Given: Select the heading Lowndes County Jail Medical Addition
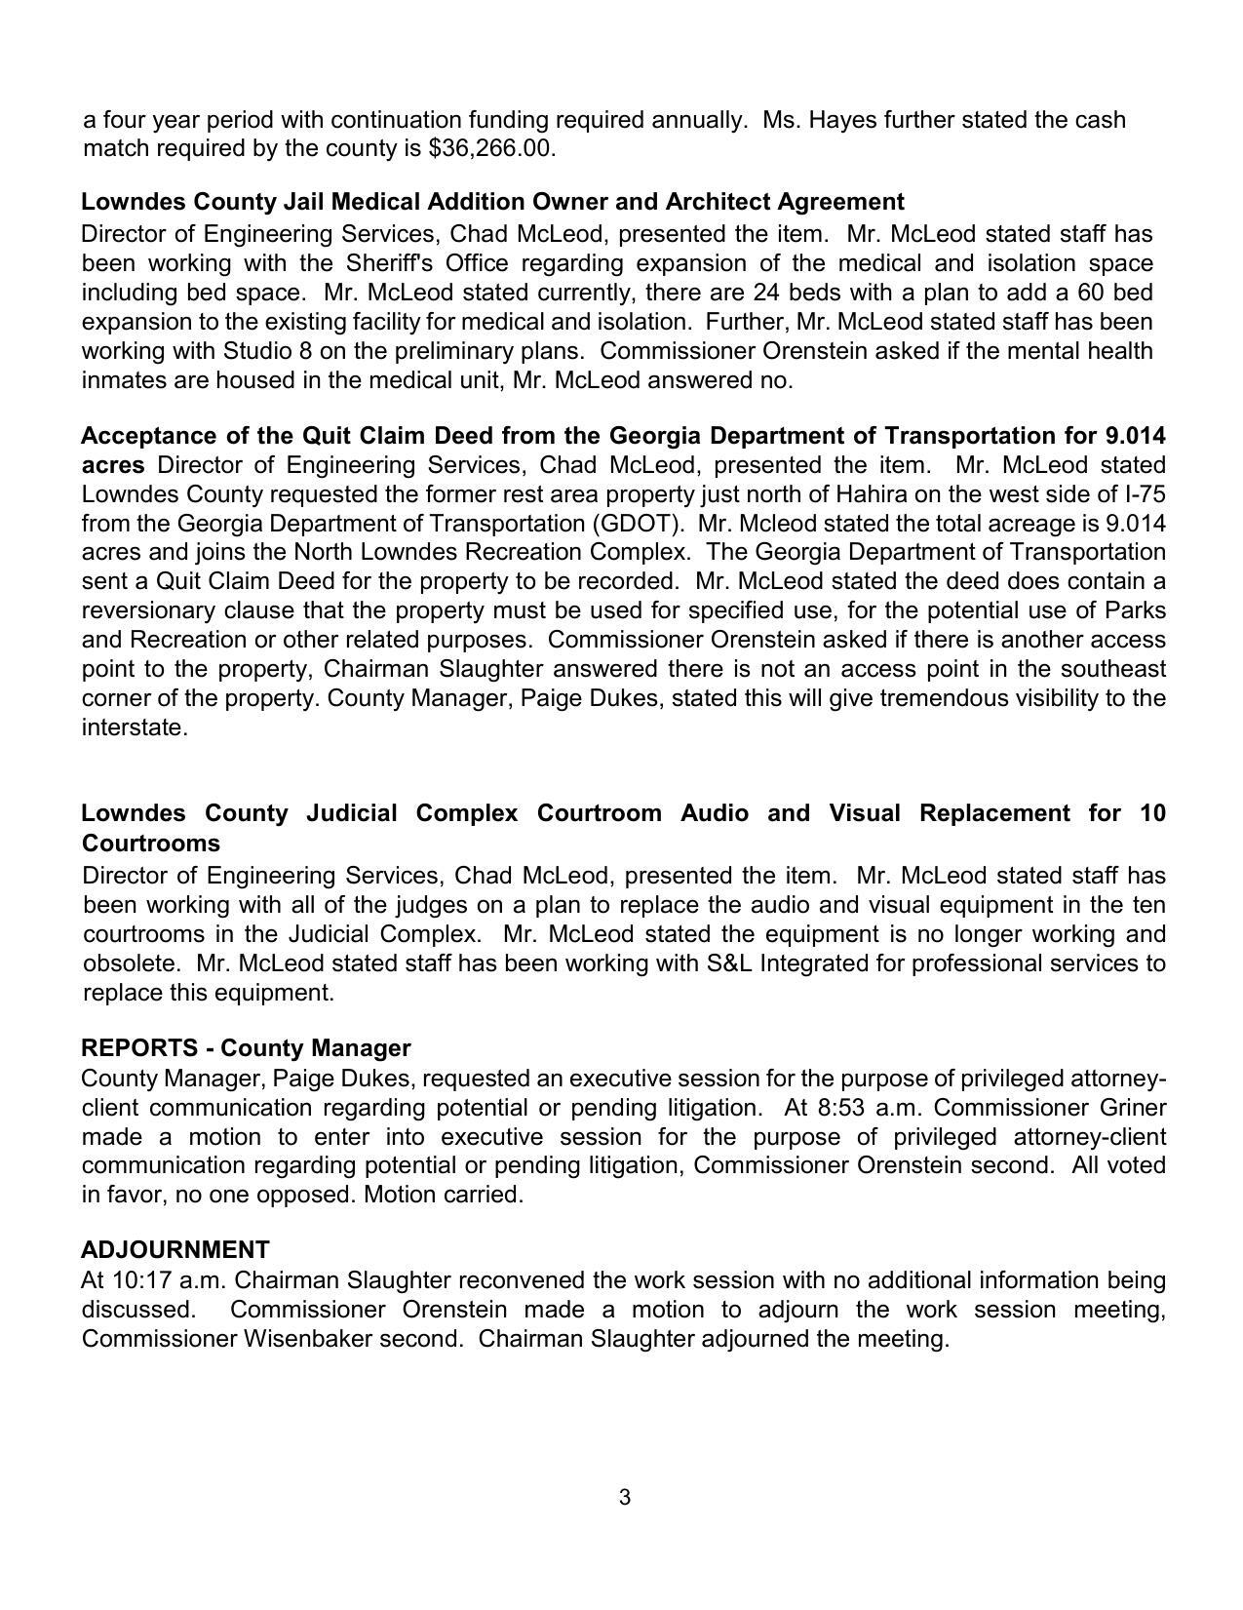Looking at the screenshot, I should [x=492, y=202].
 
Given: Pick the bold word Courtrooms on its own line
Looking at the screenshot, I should [x=151, y=844].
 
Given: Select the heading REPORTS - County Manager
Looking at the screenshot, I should [x=246, y=1048].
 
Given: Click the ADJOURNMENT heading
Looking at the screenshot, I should [x=175, y=1250].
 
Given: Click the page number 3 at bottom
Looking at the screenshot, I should [x=624, y=1497].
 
